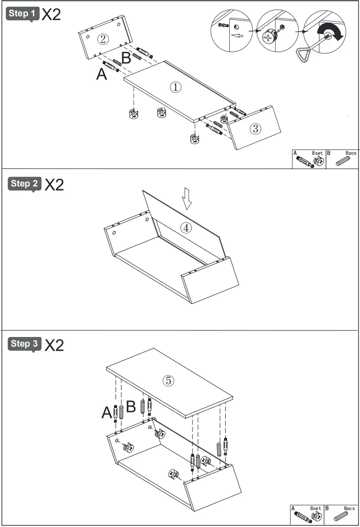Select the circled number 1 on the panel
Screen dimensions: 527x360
175,87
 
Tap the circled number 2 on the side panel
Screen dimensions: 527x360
103,39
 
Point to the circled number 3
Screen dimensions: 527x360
255,128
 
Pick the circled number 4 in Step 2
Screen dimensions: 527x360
186,228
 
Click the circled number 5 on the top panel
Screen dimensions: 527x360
168,380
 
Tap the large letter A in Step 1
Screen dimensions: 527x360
101,74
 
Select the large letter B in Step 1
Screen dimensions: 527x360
126,58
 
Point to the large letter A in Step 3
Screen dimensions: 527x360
107,413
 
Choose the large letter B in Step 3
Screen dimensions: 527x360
131,406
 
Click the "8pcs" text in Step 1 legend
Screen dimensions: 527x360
351,153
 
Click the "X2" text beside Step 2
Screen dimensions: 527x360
54,185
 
